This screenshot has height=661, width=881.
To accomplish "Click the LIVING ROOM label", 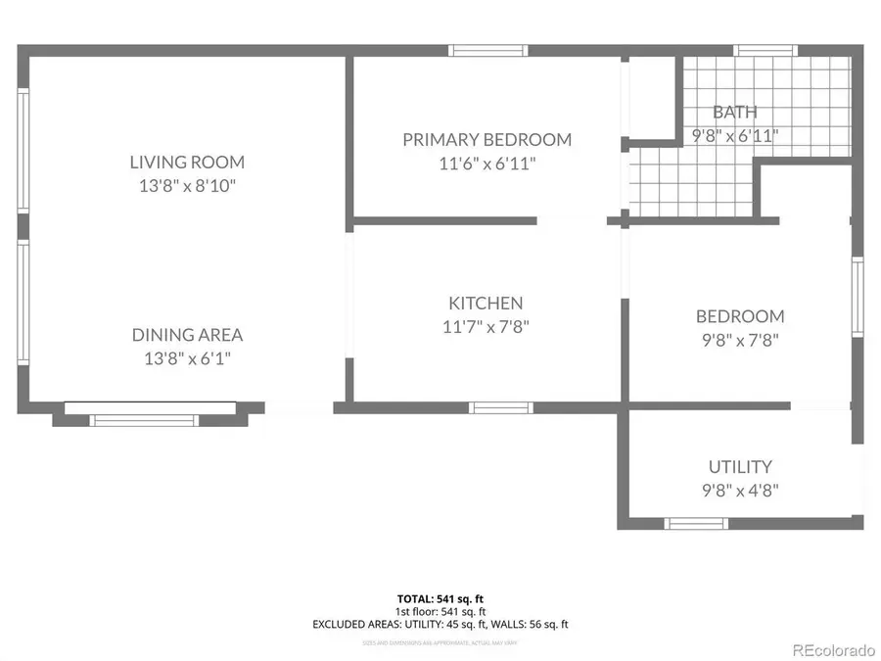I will click(187, 163).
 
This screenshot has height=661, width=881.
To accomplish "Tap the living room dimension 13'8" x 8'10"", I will click(187, 186).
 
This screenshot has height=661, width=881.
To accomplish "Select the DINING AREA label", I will click(187, 335).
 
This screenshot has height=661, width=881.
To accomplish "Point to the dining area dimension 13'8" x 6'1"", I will click(187, 358).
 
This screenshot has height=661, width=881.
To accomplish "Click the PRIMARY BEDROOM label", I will click(487, 140).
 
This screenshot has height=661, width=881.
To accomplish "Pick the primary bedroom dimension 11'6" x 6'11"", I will click(487, 164).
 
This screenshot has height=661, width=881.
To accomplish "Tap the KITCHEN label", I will click(486, 304).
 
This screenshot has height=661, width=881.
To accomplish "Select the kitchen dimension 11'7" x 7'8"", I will click(486, 327).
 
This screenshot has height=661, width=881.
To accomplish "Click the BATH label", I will click(734, 113).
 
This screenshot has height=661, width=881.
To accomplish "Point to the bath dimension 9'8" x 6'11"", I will click(734, 136).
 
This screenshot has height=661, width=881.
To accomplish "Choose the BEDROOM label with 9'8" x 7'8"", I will click(740, 316).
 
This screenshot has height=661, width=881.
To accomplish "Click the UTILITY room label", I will click(740, 467).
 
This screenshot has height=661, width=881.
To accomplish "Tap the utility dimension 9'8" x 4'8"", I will click(740, 491).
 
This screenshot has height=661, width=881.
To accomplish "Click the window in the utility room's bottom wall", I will click(696, 523).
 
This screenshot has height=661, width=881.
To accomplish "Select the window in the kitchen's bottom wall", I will click(500, 407).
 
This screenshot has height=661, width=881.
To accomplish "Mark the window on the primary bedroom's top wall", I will click(488, 51).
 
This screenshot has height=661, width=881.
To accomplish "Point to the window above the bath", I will click(765, 51).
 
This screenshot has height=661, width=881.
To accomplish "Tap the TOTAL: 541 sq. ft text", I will click(440, 597).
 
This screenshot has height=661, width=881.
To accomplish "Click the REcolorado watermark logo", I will click(833, 649).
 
